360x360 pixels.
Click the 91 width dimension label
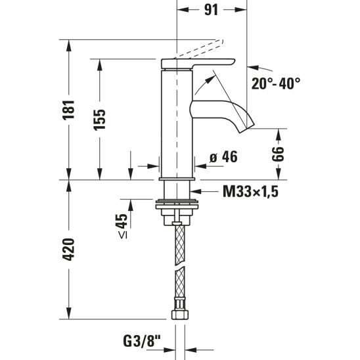(x=211, y=10)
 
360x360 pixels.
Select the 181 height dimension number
(x=69, y=110)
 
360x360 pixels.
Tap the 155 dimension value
(x=100, y=120)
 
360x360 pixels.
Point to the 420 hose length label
(x=69, y=250)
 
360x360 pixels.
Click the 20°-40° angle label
(x=276, y=83)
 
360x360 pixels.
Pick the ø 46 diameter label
(x=223, y=157)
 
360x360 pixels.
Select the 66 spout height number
(x=278, y=154)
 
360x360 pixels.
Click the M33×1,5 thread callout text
(x=250, y=191)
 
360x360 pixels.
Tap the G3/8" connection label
(x=142, y=341)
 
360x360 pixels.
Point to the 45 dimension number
(x=122, y=221)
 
